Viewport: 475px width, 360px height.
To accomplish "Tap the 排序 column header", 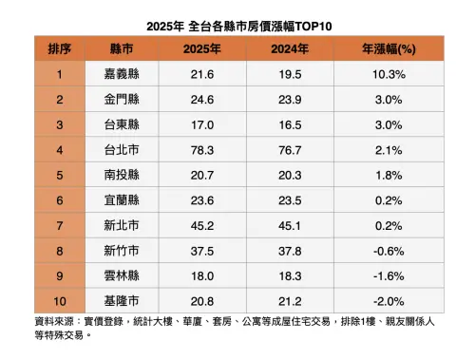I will (59, 47).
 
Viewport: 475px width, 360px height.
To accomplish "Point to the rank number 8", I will (59, 251).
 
